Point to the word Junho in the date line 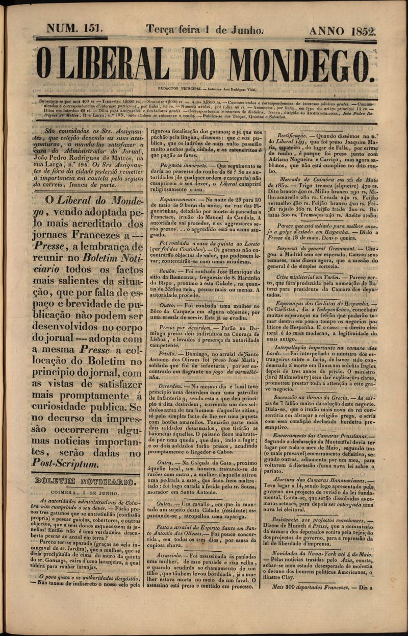coord(246,30)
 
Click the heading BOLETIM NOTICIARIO coord(85,480)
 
